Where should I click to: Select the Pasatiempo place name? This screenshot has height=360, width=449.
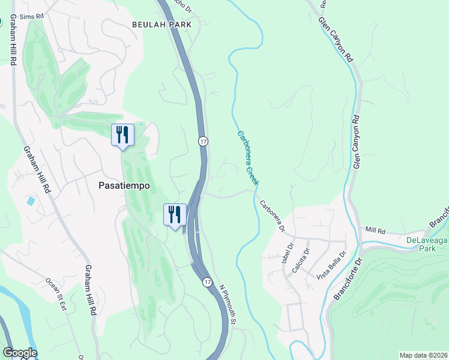tap(124, 186)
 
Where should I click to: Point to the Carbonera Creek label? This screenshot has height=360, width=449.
tap(248, 157)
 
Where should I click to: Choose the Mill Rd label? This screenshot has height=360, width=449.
tap(375, 230)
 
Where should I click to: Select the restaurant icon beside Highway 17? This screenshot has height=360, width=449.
tap(175, 214)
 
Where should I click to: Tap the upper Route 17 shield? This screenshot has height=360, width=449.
tap(203, 140)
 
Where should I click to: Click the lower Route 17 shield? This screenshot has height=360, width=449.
tap(207, 282)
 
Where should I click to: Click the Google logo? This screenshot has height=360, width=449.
tap(19, 353)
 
